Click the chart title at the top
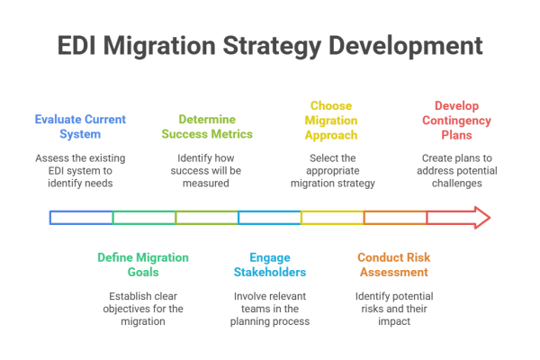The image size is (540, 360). point(270,47)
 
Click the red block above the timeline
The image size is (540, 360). point(463,126)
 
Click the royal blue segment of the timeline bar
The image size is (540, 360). point(80,219)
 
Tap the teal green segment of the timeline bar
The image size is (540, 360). point(143,217)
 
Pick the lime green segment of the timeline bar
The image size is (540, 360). point(206,217)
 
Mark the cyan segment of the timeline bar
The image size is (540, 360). point(269,217)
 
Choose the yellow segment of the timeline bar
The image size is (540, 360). point(332,217)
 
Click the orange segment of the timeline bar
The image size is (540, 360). point(395,217)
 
